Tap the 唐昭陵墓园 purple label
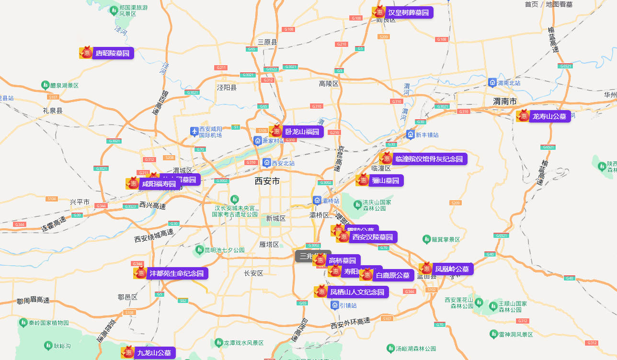[x=113, y=53]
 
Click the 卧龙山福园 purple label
[x=302, y=131]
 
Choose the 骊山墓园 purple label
[x=386, y=180]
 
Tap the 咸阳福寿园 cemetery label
[x=159, y=184]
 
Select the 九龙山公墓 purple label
[x=154, y=353]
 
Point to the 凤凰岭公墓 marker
[x=452, y=269]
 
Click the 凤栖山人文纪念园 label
[x=357, y=292]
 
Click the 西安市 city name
[x=267, y=181]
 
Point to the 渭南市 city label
[x=505, y=101]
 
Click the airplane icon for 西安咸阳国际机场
[x=194, y=131]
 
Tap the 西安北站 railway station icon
[x=267, y=163]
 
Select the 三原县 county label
[x=267, y=42]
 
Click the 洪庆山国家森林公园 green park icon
[x=357, y=205]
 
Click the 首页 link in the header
[x=531, y=4]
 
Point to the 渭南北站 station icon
[x=492, y=82]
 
